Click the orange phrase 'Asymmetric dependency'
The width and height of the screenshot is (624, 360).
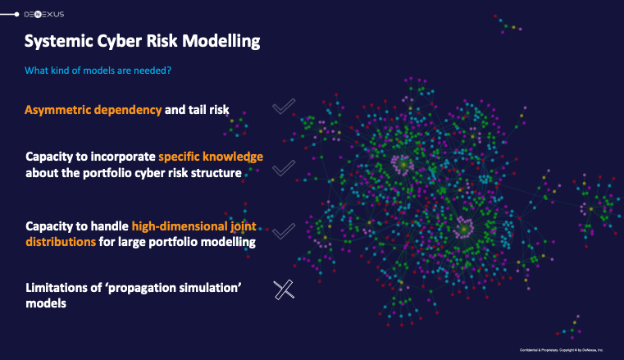[93, 109]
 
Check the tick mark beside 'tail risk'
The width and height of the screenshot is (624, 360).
[283, 107]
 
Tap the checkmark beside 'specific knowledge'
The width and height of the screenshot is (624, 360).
[283, 167]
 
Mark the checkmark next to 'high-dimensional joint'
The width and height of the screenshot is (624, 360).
[283, 232]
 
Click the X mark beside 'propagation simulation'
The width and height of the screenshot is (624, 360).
[283, 289]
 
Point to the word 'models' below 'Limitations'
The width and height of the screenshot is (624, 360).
[46, 303]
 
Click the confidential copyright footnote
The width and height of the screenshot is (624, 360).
[561, 349]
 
